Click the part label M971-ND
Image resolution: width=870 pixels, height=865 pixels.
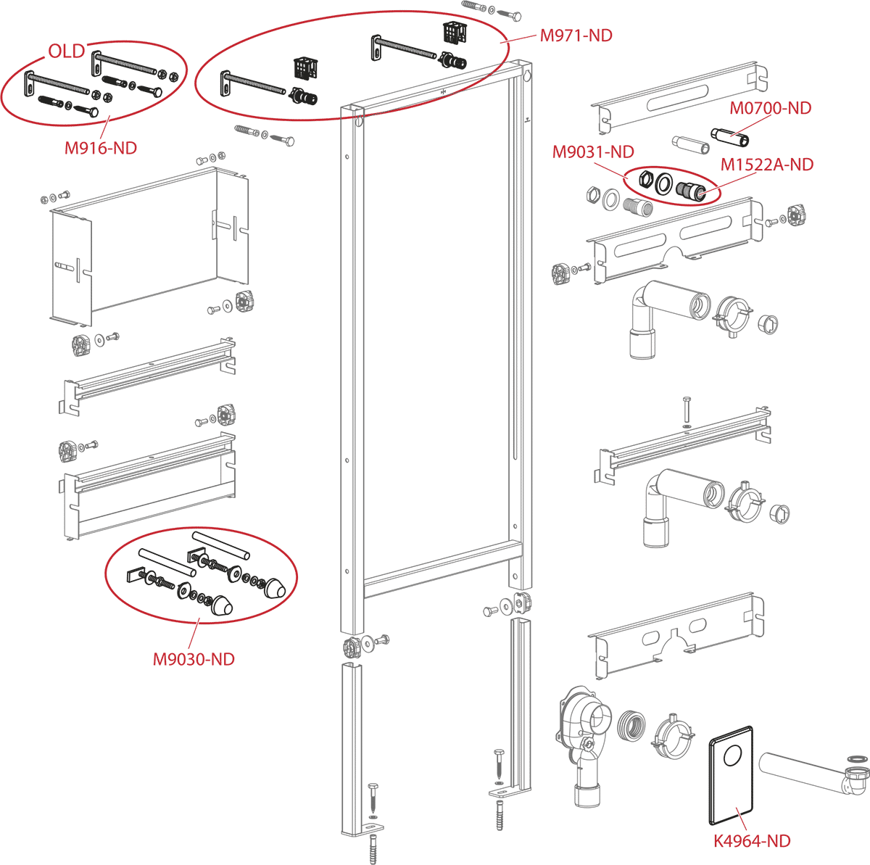pos(576,36)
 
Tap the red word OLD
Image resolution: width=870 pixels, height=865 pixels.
pos(67,51)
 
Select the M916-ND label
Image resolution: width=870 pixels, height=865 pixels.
pos(101,148)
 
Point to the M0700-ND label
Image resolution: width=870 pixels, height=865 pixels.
pos(771,108)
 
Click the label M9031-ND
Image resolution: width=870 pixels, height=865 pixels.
pos(593,152)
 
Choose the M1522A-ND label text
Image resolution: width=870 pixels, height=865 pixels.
pos(767,165)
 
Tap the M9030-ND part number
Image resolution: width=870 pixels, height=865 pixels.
pos(194,659)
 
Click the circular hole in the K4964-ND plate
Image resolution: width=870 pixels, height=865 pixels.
pos(733,756)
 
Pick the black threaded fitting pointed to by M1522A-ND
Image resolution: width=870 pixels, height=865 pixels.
pos(690,190)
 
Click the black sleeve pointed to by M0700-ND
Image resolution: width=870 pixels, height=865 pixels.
pos(729,137)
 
